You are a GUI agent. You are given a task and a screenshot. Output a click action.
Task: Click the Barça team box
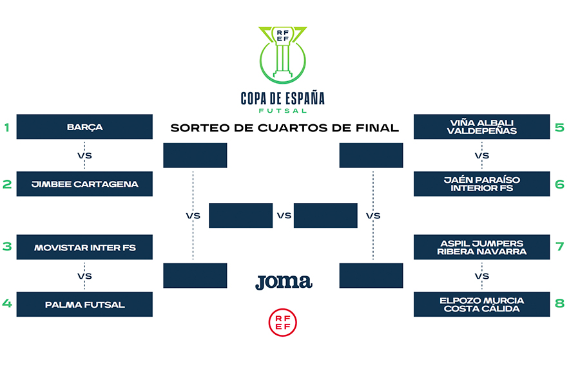click(84, 127)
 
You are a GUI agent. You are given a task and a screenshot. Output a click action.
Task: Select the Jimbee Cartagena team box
click(84, 184)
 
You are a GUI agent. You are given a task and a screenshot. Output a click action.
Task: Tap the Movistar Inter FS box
click(84, 247)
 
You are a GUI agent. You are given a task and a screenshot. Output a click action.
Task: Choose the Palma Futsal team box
click(84, 304)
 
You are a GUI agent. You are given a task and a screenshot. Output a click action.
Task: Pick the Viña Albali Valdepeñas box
click(481, 127)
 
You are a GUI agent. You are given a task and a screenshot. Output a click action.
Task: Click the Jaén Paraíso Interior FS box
click(481, 184)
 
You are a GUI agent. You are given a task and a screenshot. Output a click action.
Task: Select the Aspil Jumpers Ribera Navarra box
click(481, 247)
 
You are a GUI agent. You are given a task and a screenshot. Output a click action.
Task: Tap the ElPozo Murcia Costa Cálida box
click(481, 304)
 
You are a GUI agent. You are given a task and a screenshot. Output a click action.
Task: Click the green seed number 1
click(7, 127)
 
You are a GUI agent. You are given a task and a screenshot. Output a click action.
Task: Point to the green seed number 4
click(7, 304)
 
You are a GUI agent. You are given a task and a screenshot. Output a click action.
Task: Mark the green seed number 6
click(559, 184)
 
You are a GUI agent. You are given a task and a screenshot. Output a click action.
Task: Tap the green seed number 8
click(559, 304)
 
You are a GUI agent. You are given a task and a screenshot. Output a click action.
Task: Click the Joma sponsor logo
click(284, 281)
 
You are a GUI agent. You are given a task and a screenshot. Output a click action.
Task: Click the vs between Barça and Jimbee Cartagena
click(84, 155)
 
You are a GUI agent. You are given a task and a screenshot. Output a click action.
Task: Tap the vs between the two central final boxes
click(284, 216)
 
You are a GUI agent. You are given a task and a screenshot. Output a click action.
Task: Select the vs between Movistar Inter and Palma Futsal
click(84, 276)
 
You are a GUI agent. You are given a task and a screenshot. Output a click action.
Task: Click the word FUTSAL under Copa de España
click(282, 110)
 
